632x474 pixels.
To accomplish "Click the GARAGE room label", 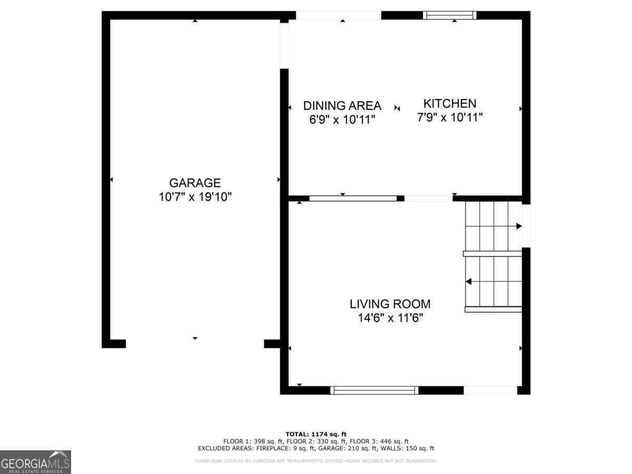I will pos(195,183).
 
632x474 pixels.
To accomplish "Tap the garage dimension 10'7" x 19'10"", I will pos(195,197).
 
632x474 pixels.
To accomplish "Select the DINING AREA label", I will pos(342,106).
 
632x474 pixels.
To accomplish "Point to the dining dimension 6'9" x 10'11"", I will pos(342,120).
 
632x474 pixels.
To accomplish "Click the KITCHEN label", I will pos(450,104).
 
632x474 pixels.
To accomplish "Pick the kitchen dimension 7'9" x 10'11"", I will pos(450,117).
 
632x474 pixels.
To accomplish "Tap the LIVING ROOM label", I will pos(390,304).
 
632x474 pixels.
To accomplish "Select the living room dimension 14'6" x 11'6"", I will pos(390,318).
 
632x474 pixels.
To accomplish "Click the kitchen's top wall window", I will pos(450,15).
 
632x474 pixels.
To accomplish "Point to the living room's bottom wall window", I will pos(374,390).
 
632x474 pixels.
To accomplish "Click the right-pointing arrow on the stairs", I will pos(518,226).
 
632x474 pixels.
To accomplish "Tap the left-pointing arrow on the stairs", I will pos(468,282).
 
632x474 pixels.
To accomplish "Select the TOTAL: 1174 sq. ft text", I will pos(316,433).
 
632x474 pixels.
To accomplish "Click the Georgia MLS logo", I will pos(35,462).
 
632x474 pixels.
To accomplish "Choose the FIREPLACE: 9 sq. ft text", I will pos(305,449).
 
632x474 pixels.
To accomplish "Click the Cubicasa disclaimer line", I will pos(316,461).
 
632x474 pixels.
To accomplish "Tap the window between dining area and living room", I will pos(353,199).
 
